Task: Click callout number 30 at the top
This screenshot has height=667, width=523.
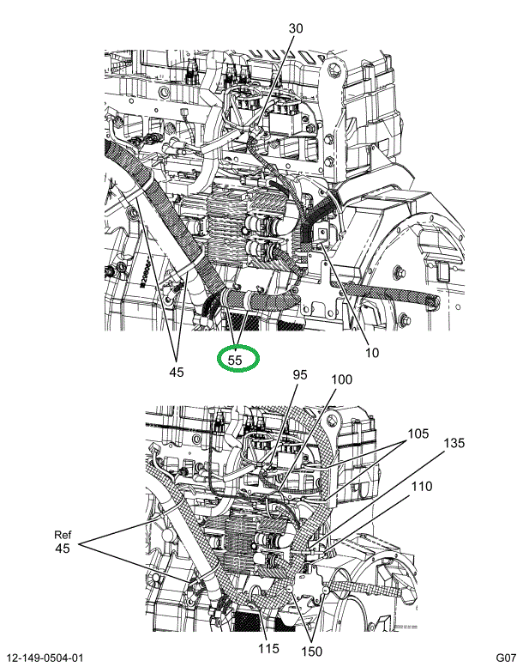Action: (296, 28)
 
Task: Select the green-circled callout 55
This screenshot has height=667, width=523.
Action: (237, 359)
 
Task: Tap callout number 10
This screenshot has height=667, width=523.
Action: (372, 353)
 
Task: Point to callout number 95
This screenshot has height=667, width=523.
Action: (300, 375)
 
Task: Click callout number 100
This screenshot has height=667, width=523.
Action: (341, 379)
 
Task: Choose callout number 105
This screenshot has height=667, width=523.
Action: (418, 434)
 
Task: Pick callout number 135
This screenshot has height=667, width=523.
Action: (454, 443)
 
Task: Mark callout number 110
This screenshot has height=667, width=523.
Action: (422, 486)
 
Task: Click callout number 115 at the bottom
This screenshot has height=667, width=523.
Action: (268, 648)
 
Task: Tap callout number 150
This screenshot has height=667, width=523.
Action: (312, 652)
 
